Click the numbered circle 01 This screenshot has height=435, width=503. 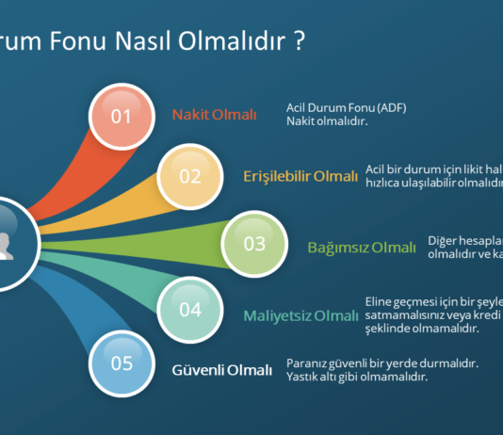point(122,116)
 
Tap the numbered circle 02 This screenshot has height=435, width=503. point(190,175)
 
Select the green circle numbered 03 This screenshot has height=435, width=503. point(254,244)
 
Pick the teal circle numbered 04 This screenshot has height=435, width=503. point(190,309)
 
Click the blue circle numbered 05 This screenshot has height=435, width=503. point(122,362)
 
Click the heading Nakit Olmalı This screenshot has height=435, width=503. point(214,115)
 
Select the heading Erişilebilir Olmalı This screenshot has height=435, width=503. point(300,175)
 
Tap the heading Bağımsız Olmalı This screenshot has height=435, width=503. point(362,248)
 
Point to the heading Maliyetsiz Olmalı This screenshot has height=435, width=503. point(301,314)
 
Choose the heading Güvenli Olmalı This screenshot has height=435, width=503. point(221,369)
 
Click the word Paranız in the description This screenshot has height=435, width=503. point(307,362)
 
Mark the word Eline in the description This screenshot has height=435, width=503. point(380,301)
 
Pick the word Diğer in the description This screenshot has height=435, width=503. point(444,240)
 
